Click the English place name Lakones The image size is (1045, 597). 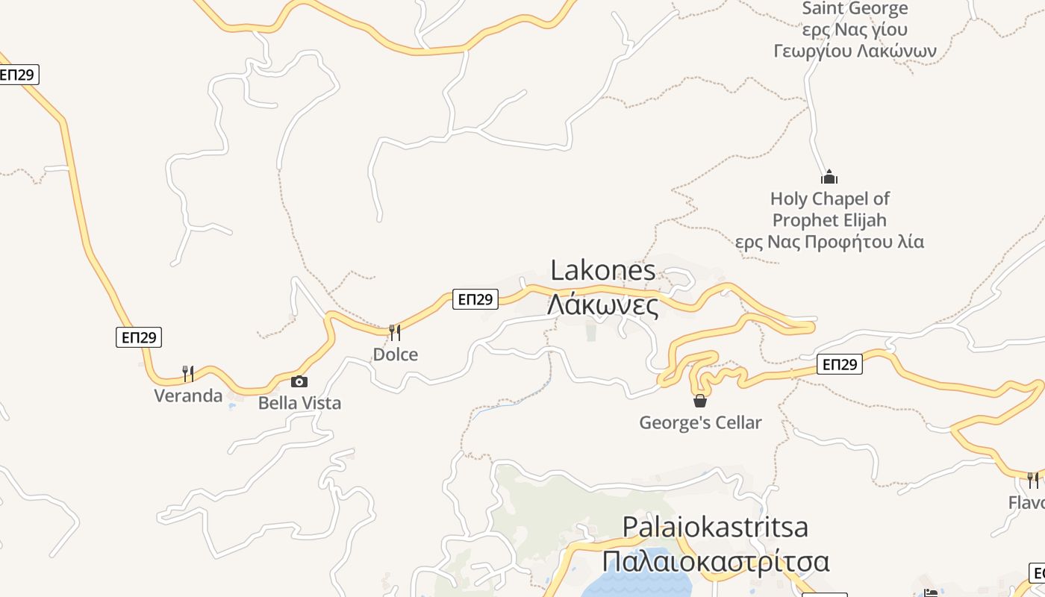[x=603, y=271]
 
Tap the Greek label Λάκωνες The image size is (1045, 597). [x=603, y=305]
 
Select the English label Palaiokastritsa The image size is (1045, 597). [x=714, y=527]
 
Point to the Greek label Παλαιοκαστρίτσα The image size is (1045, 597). [x=714, y=561]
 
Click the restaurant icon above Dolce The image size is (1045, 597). [x=395, y=332]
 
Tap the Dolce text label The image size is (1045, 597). [x=395, y=354]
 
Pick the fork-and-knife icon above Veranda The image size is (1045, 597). [x=188, y=373]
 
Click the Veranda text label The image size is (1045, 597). [x=188, y=396]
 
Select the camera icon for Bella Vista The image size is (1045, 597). [x=299, y=381]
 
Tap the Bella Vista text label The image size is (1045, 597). [x=299, y=403]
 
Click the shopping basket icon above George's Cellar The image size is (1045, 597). [x=700, y=401]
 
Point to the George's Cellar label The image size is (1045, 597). [x=700, y=422]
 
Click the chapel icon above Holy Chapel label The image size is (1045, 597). [x=829, y=177]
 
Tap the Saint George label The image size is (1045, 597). [x=855, y=9]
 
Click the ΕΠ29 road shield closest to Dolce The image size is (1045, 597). [x=475, y=299]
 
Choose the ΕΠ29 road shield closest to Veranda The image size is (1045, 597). [x=139, y=337]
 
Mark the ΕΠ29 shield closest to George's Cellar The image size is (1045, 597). [x=840, y=364]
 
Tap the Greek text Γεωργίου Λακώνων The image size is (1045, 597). [x=855, y=51]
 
